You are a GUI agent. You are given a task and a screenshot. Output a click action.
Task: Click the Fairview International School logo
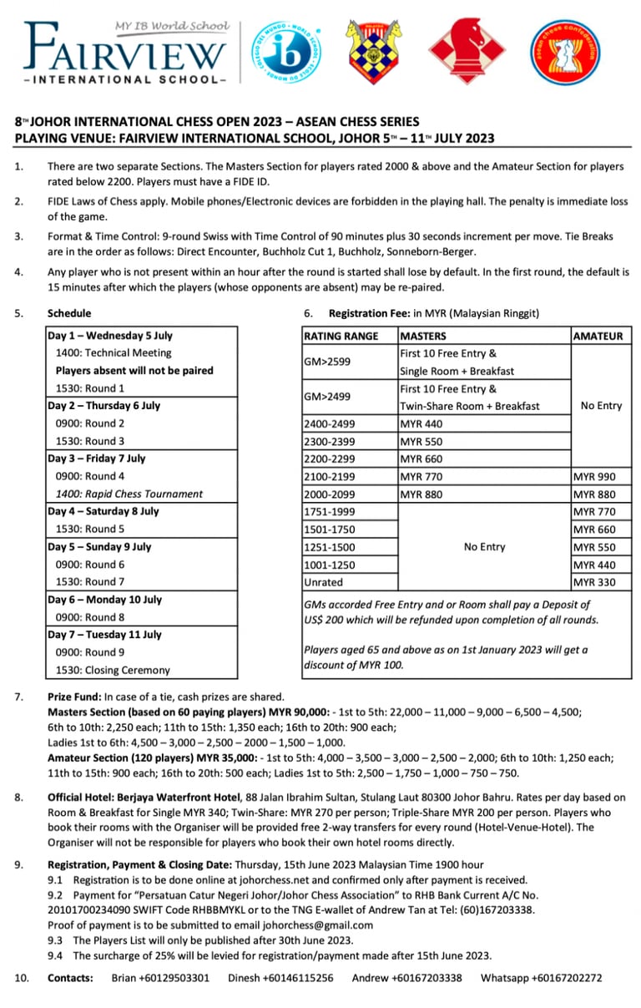[125, 52]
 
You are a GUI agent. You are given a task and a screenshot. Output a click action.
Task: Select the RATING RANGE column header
[341, 336]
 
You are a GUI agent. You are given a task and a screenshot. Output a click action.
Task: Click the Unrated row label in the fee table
[324, 582]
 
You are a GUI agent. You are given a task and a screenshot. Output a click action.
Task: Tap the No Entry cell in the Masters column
[484, 546]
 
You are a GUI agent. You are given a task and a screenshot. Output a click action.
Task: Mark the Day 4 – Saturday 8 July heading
[103, 511]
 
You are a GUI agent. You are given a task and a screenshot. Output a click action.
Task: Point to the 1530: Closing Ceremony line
[113, 670]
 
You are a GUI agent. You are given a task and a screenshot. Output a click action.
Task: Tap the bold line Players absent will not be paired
[134, 370]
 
